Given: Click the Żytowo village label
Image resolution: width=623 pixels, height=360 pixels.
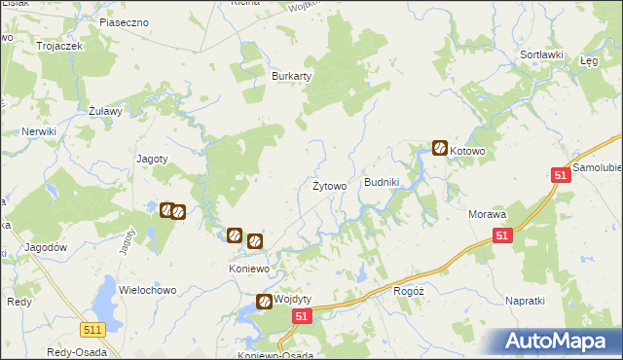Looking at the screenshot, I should click(x=329, y=186).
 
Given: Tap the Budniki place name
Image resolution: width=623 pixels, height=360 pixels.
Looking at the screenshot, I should click(x=382, y=182).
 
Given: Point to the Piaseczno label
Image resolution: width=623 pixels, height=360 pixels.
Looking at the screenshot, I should click(x=123, y=20).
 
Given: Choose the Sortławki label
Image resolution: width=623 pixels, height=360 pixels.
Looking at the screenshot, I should click(x=542, y=54).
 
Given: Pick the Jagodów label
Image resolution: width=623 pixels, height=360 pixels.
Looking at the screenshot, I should click(x=47, y=247).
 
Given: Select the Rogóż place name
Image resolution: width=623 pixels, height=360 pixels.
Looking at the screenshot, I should click(x=407, y=290).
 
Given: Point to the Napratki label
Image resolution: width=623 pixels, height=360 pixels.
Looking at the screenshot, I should click(x=526, y=301).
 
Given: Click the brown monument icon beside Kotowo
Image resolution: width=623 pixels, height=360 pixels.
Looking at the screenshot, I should click(x=440, y=148).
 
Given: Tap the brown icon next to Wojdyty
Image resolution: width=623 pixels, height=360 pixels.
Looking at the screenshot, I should click(x=264, y=303).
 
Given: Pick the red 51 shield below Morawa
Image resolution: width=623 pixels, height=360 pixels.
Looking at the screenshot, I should click(x=501, y=235).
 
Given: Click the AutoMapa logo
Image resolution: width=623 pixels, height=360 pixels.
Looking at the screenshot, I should click(x=557, y=342).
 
